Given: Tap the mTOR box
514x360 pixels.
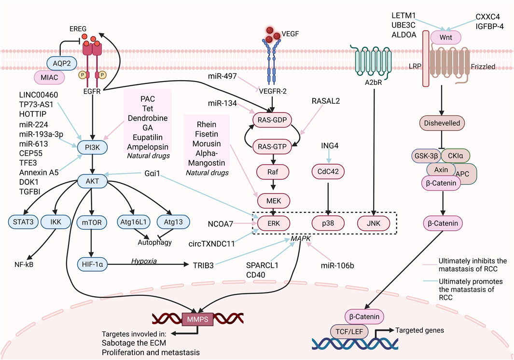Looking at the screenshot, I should click(90, 222).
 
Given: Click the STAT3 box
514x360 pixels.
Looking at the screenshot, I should click(24, 222).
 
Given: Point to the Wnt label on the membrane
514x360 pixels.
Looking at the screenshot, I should click(449, 37).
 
